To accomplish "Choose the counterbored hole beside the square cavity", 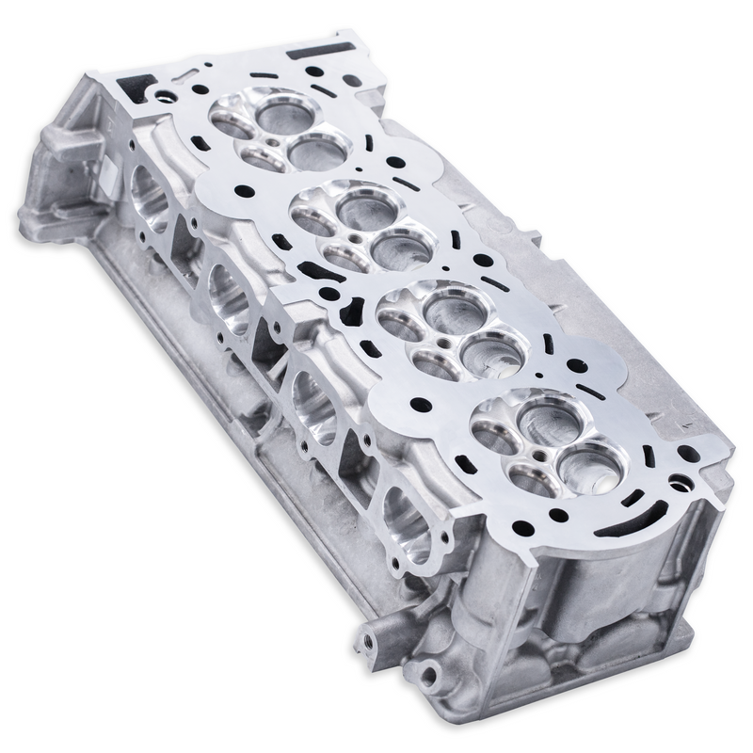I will [x=168, y=93].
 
